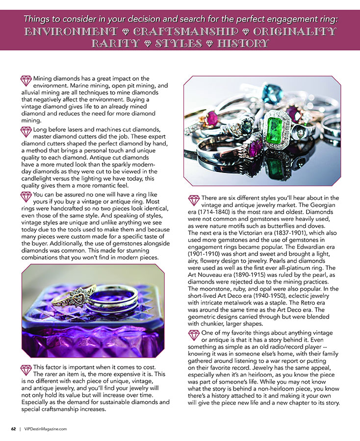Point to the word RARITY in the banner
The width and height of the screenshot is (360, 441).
click(x=114, y=44)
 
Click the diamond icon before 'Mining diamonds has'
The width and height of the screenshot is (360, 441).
click(x=26, y=79)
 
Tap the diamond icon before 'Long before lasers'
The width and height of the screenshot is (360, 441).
click(x=26, y=131)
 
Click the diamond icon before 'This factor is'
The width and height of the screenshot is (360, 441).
click(x=26, y=368)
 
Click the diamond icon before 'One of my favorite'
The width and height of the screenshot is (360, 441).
click(x=194, y=334)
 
